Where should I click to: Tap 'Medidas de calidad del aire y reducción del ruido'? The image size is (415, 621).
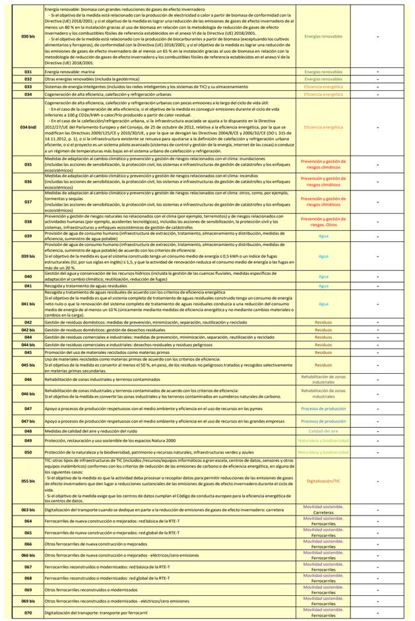pyautogui.click(x=99, y=431)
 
